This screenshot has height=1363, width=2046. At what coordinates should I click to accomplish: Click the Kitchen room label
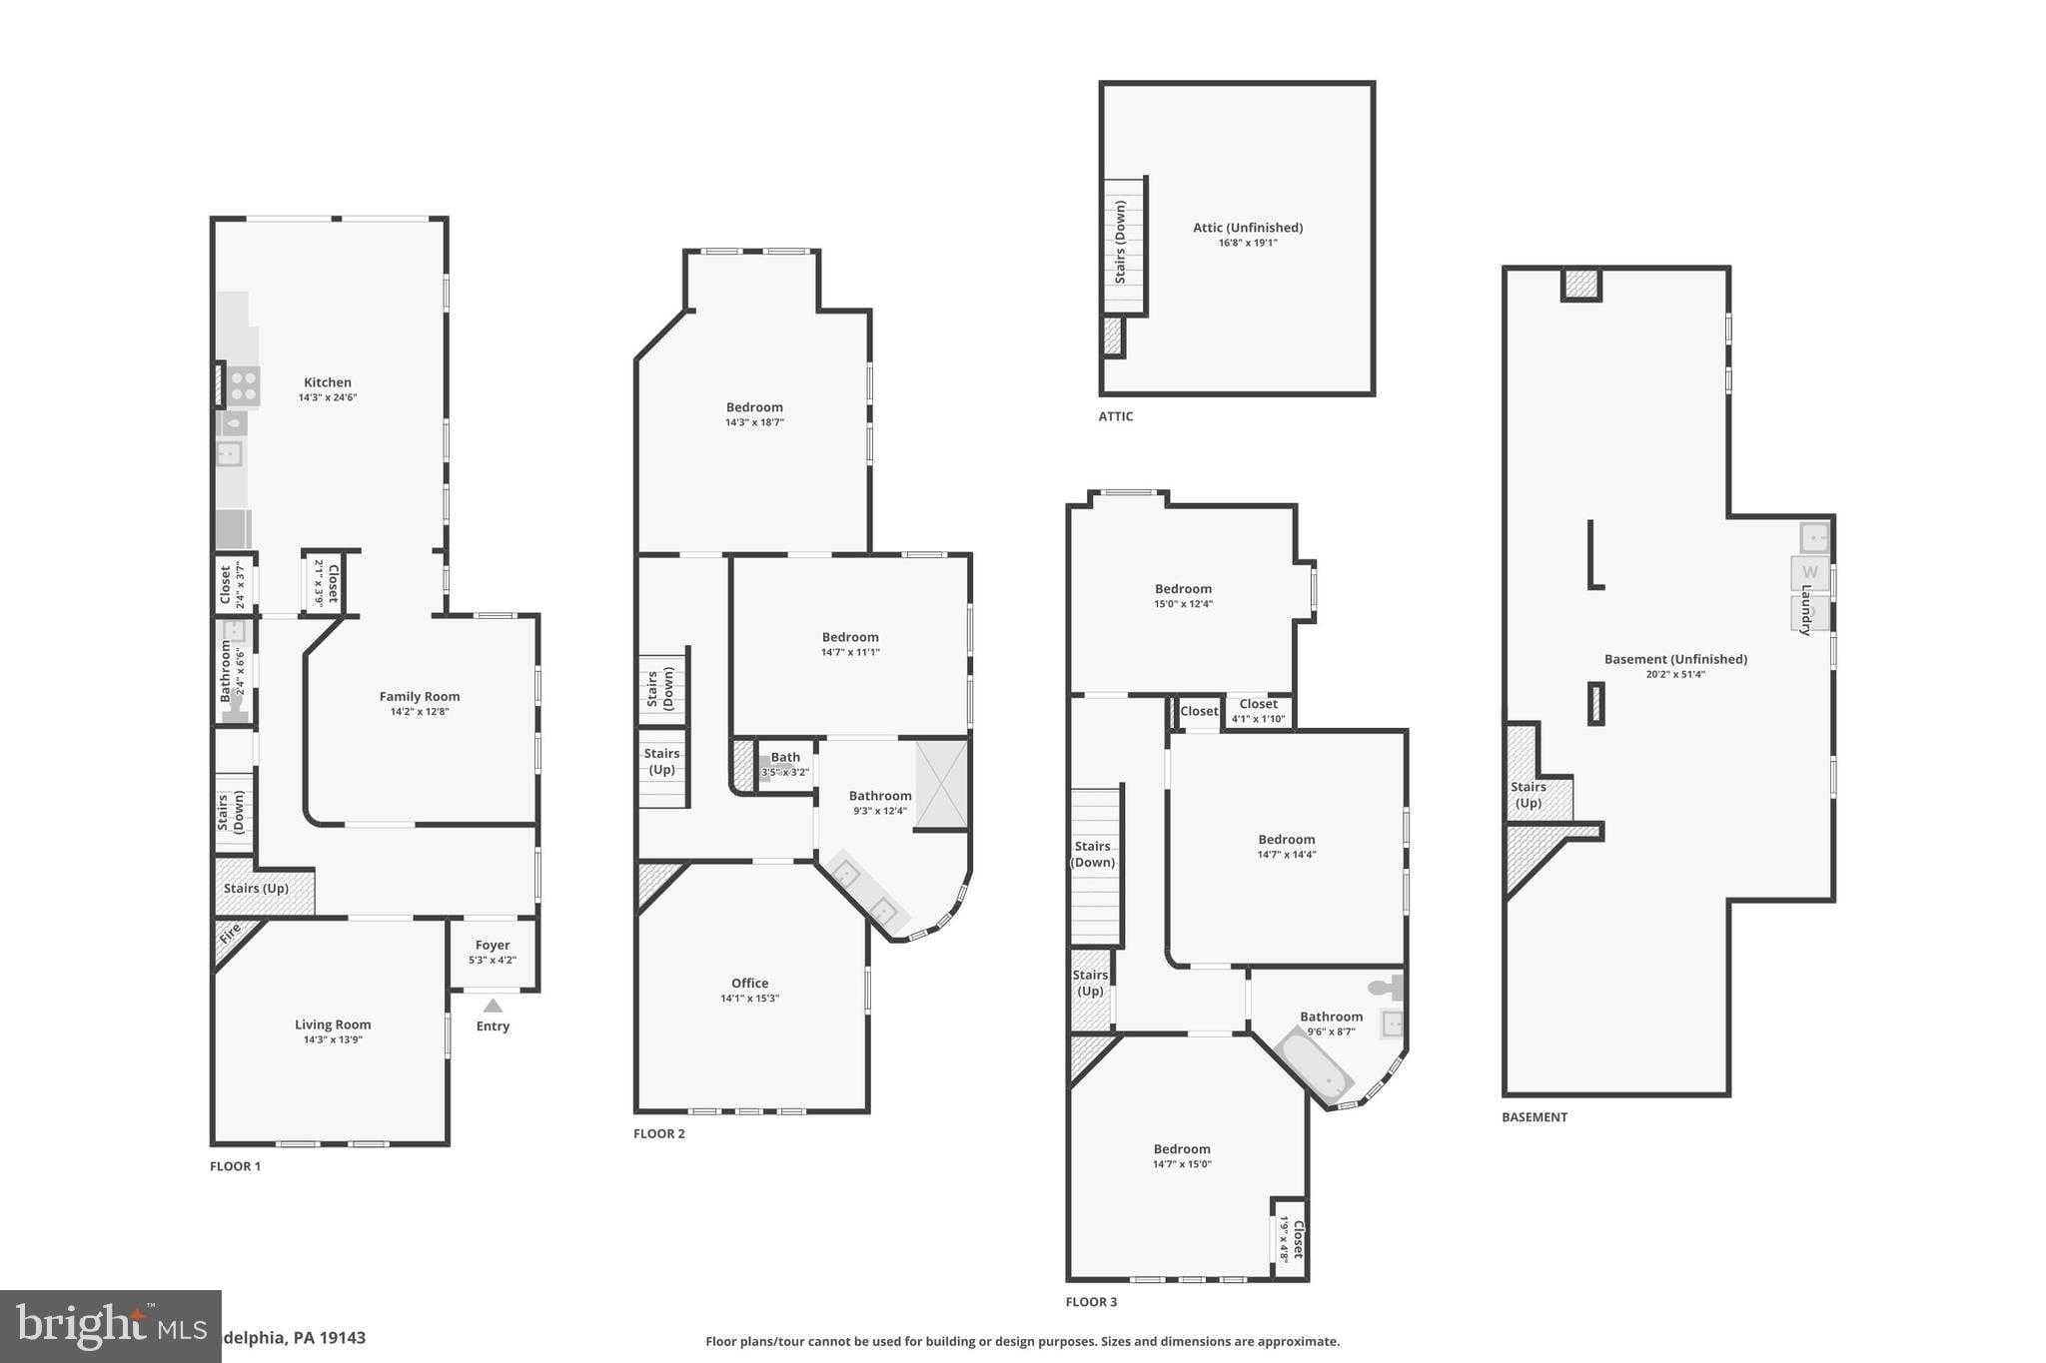point(328,382)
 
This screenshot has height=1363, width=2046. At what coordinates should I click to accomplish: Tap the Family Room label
point(420,697)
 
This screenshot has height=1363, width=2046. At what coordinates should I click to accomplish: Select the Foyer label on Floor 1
point(493,945)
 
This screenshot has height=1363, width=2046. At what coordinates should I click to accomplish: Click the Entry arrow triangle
point(493,1007)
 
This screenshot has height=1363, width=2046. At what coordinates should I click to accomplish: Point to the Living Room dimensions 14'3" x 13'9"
point(333,1039)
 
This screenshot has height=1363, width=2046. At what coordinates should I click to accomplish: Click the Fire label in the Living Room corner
point(231,936)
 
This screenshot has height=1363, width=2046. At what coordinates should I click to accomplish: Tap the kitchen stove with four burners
point(243,385)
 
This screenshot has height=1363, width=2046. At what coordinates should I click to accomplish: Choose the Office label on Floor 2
point(749,983)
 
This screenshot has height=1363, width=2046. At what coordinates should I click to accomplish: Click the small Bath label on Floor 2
point(785,757)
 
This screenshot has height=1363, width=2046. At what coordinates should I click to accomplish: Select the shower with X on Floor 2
point(942,784)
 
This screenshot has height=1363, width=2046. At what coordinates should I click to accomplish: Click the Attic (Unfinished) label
point(1248,228)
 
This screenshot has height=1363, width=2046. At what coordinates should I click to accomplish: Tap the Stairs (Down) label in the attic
point(1121,242)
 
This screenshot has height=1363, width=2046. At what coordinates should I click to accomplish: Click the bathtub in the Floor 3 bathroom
point(1315,1066)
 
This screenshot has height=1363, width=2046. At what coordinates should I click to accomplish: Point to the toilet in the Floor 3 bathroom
point(1386,988)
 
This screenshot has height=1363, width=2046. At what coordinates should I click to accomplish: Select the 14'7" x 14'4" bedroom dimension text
point(1287,855)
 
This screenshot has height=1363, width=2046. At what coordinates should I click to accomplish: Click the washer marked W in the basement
point(1809,573)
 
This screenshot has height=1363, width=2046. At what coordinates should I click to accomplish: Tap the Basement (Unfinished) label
point(1675,659)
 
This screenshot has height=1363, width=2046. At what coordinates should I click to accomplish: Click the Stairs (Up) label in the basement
point(1529,795)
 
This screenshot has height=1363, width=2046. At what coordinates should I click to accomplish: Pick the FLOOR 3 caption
point(1091,1302)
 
